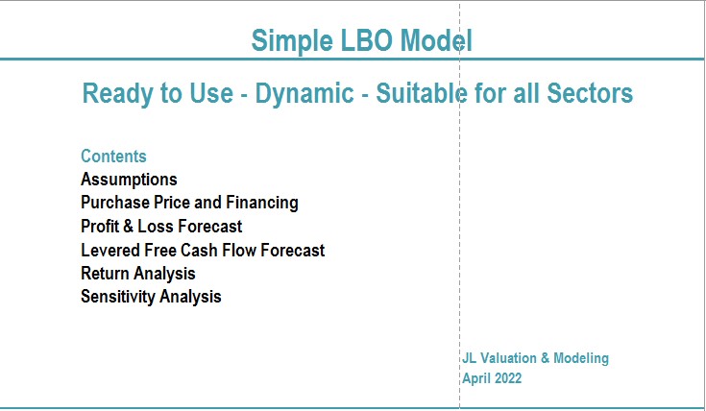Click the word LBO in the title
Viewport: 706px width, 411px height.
pyautogui.click(x=367, y=40)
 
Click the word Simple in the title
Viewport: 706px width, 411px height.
pyautogui.click(x=292, y=41)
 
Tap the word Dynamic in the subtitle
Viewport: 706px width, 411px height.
pyautogui.click(x=304, y=94)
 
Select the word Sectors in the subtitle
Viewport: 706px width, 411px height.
pyautogui.click(x=590, y=93)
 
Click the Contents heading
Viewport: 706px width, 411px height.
pyautogui.click(x=113, y=157)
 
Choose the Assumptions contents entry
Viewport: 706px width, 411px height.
pyautogui.click(x=129, y=180)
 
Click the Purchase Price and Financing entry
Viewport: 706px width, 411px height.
pyautogui.click(x=189, y=203)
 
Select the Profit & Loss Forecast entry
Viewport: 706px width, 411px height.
pyautogui.click(x=161, y=226)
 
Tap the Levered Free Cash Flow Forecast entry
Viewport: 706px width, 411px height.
pyautogui.click(x=203, y=250)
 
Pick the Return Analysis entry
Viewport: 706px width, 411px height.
pyautogui.click(x=137, y=274)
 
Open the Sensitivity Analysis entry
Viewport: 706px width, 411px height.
pyautogui.click(x=151, y=297)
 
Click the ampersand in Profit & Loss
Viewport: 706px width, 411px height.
pyautogui.click(x=129, y=226)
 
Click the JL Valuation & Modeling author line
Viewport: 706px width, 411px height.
pyautogui.click(x=535, y=358)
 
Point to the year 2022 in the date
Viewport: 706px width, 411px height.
pyautogui.click(x=508, y=378)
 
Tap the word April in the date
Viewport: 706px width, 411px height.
pyautogui.click(x=476, y=378)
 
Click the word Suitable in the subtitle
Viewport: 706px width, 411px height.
pyautogui.click(x=421, y=93)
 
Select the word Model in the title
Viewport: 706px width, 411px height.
pyautogui.click(x=436, y=40)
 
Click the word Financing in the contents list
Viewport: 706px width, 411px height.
pyautogui.click(x=261, y=203)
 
